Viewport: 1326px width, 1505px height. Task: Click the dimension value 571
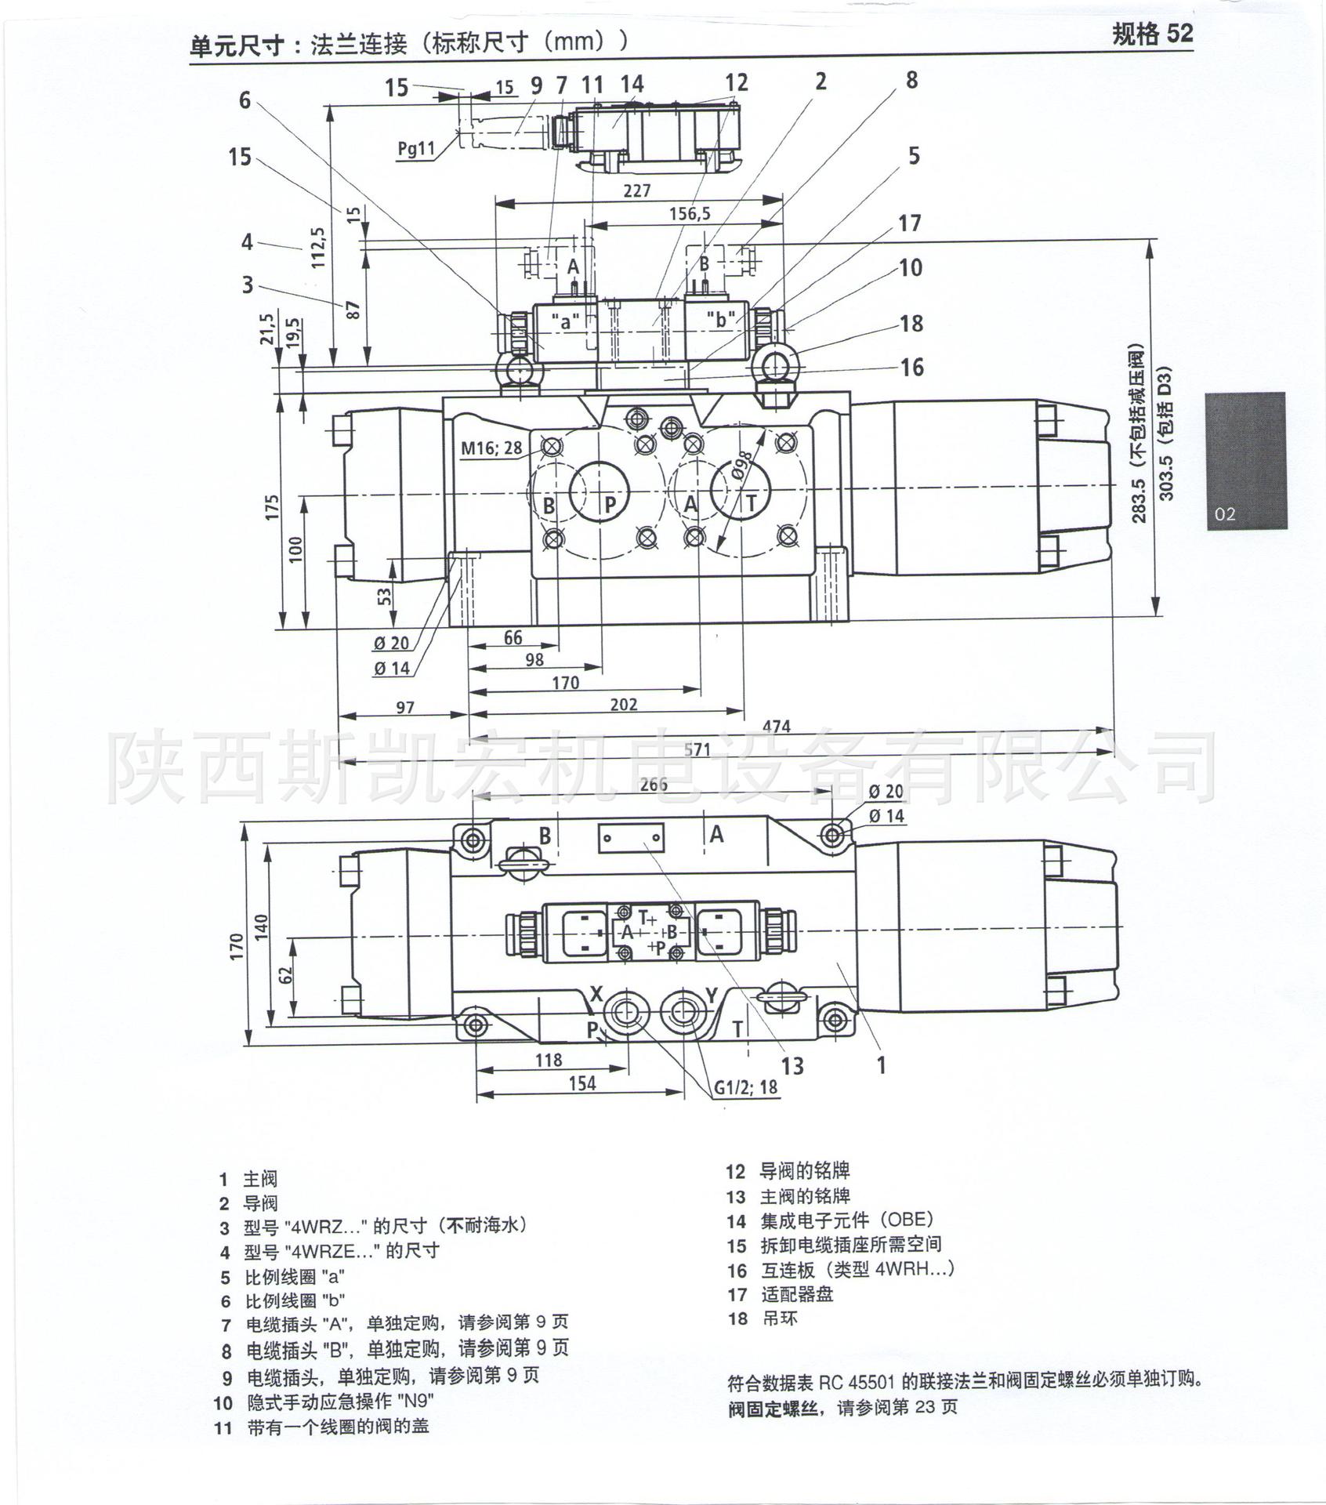tap(696, 749)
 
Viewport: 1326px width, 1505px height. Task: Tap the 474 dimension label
tap(776, 727)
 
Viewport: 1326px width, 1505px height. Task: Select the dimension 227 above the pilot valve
tap(637, 190)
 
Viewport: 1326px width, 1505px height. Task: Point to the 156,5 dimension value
tap(690, 213)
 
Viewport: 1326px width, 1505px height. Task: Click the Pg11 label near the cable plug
tap(416, 148)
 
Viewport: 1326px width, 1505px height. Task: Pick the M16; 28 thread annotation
tap(491, 448)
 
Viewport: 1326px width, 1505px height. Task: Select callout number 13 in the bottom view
tap(793, 1065)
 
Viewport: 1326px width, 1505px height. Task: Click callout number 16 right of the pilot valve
tap(911, 367)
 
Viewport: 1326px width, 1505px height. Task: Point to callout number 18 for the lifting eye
tap(911, 323)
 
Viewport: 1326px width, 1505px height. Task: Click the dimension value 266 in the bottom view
tap(653, 785)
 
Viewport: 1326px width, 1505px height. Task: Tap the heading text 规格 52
tap(1152, 34)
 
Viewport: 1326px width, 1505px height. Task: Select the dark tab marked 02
tap(1246, 460)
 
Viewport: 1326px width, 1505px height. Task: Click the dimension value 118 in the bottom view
tap(549, 1060)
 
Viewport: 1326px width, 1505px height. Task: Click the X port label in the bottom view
tap(596, 995)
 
